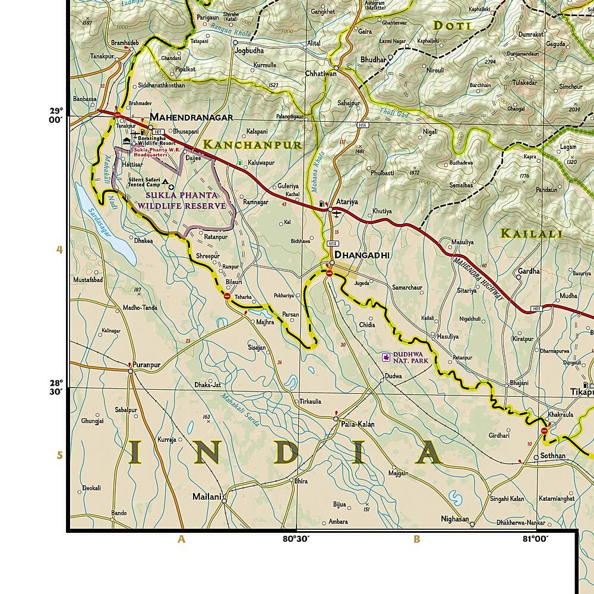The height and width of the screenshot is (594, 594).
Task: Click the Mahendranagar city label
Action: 191,117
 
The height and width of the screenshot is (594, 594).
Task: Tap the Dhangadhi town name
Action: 362,255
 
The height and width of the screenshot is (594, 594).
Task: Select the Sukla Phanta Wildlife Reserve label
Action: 182,200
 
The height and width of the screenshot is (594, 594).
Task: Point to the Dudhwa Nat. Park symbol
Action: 386,358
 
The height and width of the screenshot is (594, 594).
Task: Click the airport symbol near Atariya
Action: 337,214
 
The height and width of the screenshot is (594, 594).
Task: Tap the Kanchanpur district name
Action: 252,144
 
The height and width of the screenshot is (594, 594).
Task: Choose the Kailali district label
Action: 531,233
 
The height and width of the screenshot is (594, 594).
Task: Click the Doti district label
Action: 452,26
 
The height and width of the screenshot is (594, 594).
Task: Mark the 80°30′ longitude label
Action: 295,539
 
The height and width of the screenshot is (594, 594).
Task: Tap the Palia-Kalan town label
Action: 357,424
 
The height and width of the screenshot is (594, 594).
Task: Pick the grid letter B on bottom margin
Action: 417,539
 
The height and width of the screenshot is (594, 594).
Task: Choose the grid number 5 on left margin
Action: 59,456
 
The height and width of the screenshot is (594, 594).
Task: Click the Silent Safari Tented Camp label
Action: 144,182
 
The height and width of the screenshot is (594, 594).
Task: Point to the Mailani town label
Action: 206,496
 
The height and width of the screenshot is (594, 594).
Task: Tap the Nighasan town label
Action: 454,519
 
